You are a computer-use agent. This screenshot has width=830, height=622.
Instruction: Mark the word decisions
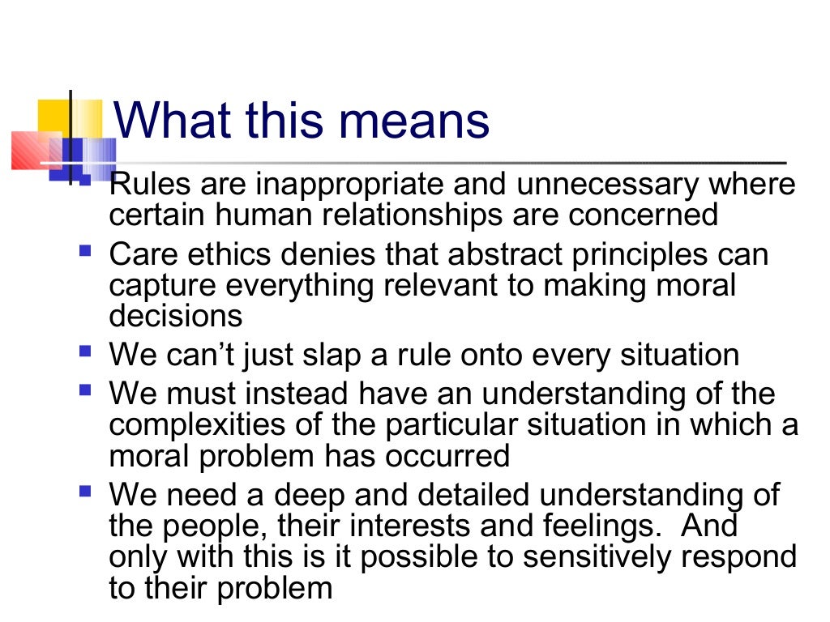[175, 314]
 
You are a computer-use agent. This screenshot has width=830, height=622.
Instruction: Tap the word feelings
[605, 525]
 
